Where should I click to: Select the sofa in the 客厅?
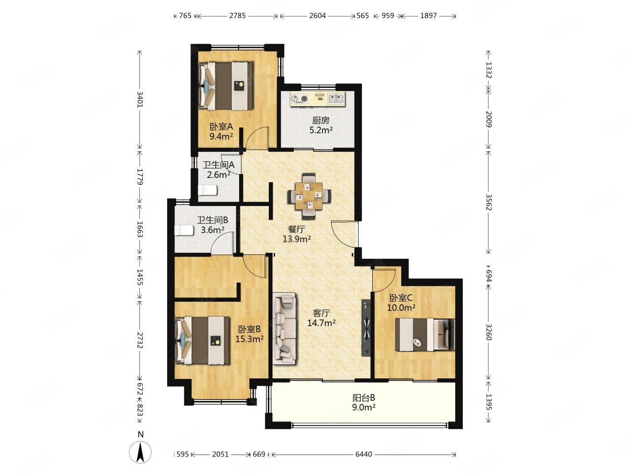click(x=285, y=328)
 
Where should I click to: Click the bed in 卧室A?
click(x=226, y=86)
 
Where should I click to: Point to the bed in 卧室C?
click(x=425, y=334)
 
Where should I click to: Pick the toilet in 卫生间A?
click(x=208, y=190)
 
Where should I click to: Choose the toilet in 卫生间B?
click(x=184, y=231)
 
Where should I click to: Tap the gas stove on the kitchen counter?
click(x=299, y=99)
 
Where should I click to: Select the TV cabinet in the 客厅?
click(x=366, y=328)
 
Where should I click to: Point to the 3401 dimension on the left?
click(x=140, y=99)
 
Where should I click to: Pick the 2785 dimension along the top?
click(x=237, y=16)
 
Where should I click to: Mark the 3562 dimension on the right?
click(x=488, y=202)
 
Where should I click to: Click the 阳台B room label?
click(x=364, y=398)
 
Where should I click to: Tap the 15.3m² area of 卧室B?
click(x=249, y=339)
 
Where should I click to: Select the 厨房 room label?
click(x=321, y=120)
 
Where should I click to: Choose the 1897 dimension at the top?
click(x=428, y=16)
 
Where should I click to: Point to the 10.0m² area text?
click(x=401, y=308)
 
